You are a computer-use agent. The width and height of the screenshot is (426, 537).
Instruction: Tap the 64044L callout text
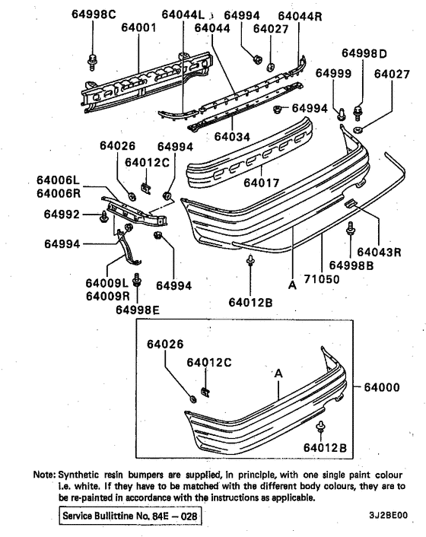click(184, 14)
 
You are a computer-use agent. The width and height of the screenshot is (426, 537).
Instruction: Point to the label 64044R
click(300, 15)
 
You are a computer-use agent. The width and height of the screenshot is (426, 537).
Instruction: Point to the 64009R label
click(107, 296)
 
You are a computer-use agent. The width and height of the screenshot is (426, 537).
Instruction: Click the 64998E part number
click(138, 309)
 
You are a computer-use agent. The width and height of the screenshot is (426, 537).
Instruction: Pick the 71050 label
click(323, 278)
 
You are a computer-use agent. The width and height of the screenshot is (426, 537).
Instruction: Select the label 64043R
click(380, 252)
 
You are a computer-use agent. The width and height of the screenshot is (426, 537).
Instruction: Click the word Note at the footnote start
click(43, 474)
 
